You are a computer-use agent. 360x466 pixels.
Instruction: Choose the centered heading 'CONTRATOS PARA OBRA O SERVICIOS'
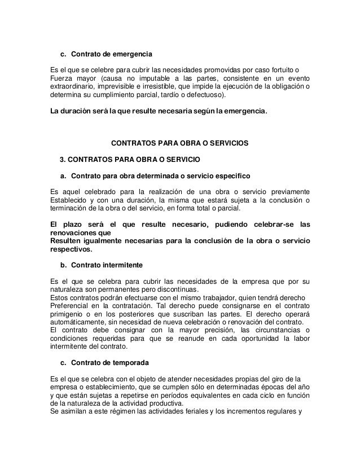[180, 143]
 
